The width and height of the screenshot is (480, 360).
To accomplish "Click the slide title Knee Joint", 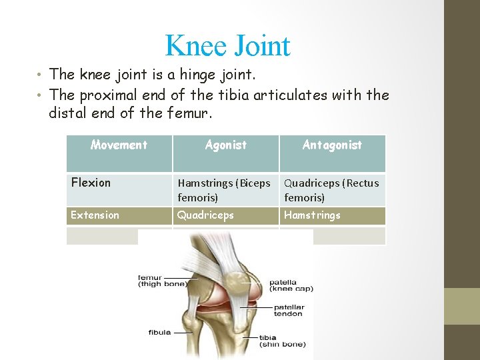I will tap(227, 46).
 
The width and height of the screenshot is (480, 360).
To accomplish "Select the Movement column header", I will tap(119, 145).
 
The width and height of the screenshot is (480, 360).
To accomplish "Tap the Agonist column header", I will tap(225, 145).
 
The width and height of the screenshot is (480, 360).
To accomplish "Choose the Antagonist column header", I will tap(332, 145).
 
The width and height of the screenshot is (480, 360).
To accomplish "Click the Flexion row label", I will tap(91, 183).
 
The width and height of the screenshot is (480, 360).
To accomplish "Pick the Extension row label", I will tap(95, 215).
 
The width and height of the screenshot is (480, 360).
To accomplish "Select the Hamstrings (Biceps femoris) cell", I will tap(223, 190).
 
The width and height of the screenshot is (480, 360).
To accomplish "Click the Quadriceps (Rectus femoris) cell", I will tap(331, 190).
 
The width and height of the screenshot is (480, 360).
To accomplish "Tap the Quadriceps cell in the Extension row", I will tap(205, 215).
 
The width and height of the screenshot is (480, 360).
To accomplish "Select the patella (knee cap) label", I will tap(291, 285).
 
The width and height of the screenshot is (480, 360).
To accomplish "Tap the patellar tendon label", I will tap(289, 311).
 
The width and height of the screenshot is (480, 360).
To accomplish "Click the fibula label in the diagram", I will tap(159, 332).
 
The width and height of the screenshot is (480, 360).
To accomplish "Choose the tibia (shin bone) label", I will tap(283, 341).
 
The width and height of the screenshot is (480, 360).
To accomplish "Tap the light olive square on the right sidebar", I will tap(461, 306).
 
